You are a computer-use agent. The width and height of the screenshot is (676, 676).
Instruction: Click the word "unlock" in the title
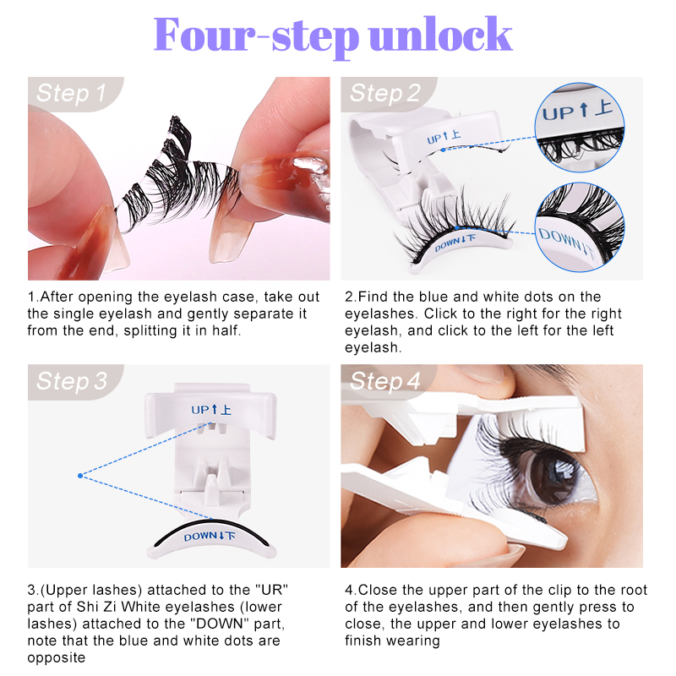[440, 35]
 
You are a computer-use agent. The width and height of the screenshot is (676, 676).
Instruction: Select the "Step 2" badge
[384, 93]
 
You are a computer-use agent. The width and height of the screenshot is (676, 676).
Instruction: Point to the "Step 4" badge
[384, 381]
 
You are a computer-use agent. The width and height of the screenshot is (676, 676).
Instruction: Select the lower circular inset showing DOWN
[580, 224]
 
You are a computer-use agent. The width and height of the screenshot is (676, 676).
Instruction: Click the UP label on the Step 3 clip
[212, 410]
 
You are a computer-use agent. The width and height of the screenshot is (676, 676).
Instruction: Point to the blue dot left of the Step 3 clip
[80, 476]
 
